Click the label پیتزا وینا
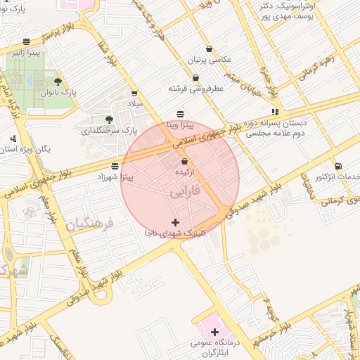(179, 125)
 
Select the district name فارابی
(184, 192)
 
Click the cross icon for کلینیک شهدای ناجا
(175, 222)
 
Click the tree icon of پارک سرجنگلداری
(108, 120)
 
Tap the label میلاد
(134, 103)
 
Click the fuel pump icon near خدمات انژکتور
(340, 166)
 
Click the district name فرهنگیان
(89, 224)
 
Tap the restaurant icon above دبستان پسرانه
(276, 111)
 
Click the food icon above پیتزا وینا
(180, 114)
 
